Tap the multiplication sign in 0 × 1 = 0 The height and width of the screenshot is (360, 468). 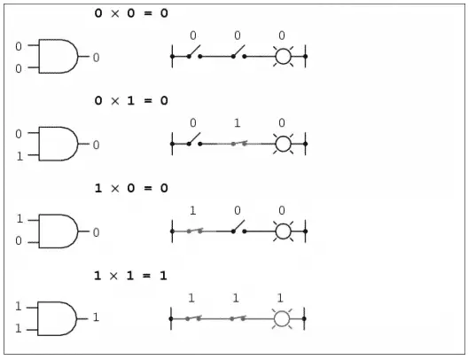(115, 101)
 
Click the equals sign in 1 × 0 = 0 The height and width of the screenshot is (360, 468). (148, 188)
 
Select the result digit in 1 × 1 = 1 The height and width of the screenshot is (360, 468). (163, 276)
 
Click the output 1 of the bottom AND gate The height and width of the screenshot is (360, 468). (96, 317)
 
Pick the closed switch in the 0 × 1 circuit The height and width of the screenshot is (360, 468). (238, 144)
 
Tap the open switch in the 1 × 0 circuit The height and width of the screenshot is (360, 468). (238, 227)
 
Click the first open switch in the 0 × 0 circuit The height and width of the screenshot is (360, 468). (195, 51)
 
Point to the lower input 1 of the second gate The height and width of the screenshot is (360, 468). (19, 156)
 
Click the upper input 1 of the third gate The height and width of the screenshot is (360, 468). (19, 219)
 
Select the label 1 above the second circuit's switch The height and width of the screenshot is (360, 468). (237, 123)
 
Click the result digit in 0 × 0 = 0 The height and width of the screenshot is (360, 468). (164, 13)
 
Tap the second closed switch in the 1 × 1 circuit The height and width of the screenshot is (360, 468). (238, 318)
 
